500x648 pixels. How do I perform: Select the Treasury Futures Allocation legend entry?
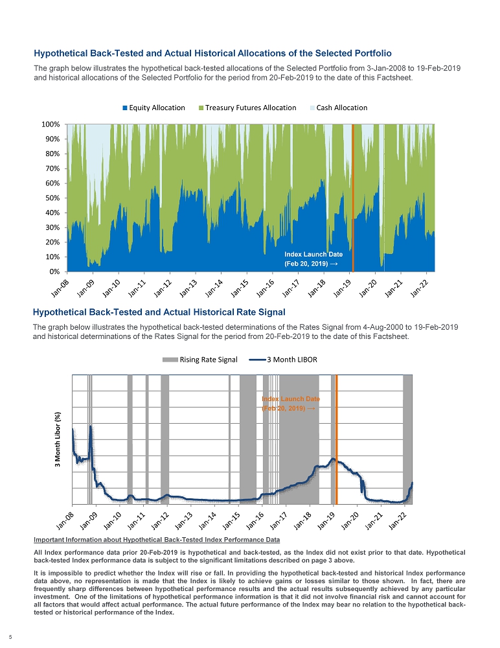click(247, 108)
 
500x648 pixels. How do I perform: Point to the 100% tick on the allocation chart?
click(51, 124)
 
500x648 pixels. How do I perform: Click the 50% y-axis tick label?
click(53, 198)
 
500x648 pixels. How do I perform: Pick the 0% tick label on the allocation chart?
click(55, 272)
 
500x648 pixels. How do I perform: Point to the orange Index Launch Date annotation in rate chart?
click(290, 404)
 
